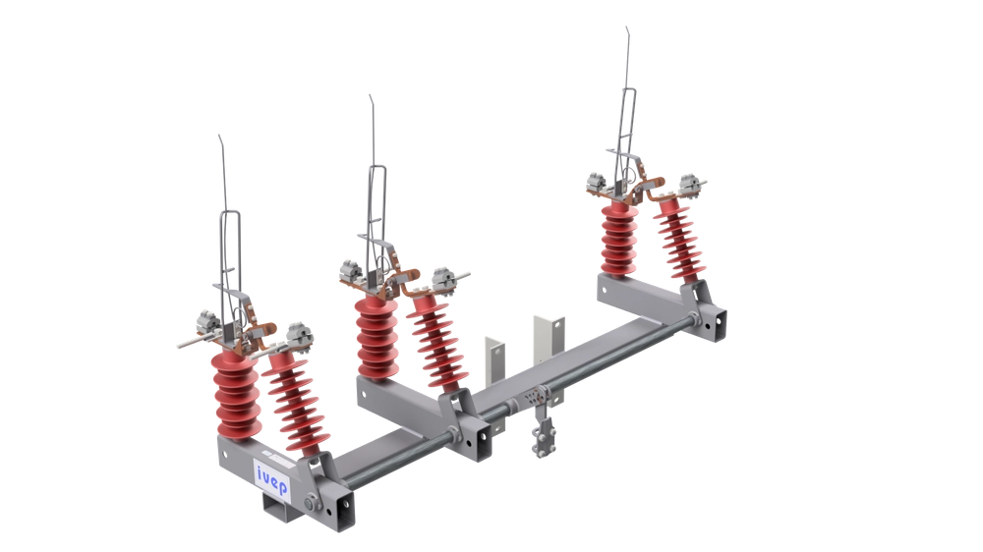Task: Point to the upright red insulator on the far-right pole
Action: (x=616, y=241)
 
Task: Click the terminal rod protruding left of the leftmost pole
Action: (x=187, y=345)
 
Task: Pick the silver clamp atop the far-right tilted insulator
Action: (x=687, y=188)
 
